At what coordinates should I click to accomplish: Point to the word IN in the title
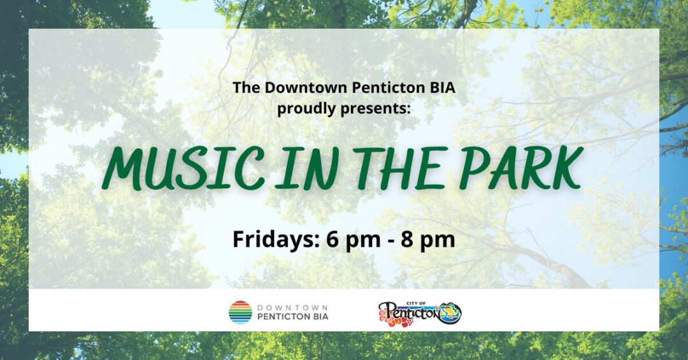pyautogui.click(x=305, y=169)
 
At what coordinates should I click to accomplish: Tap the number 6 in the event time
pyautogui.click(x=332, y=240)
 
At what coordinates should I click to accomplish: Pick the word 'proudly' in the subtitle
pyautogui.click(x=303, y=109)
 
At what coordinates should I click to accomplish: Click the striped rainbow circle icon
pyautogui.click(x=240, y=312)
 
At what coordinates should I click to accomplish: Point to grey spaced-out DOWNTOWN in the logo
pyautogui.click(x=292, y=307)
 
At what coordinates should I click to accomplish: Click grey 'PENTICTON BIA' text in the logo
pyautogui.click(x=292, y=317)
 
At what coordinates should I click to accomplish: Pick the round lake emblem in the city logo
pyautogui.click(x=450, y=313)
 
